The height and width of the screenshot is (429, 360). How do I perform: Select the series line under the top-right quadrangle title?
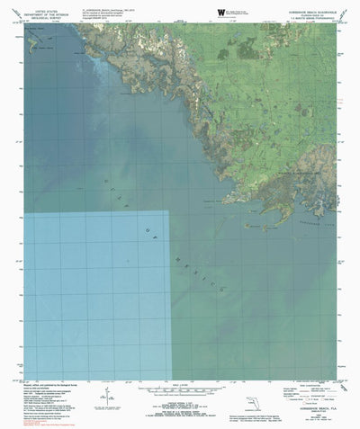point(310,15)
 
